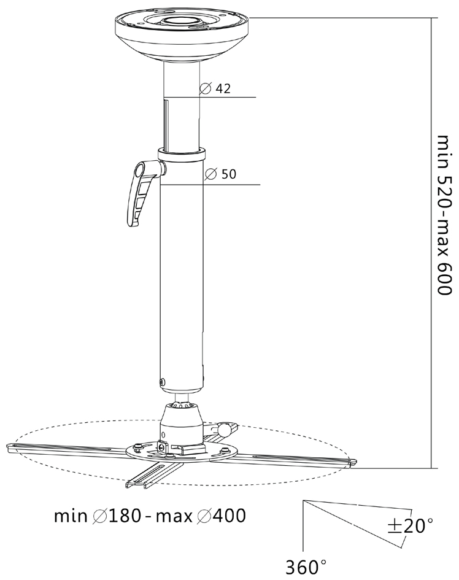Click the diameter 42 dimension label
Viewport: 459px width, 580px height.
tap(215, 89)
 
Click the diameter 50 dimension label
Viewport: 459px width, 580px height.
tap(220, 174)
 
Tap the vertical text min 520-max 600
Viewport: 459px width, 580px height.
tap(444, 215)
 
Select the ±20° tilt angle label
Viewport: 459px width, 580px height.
tap(410, 525)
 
